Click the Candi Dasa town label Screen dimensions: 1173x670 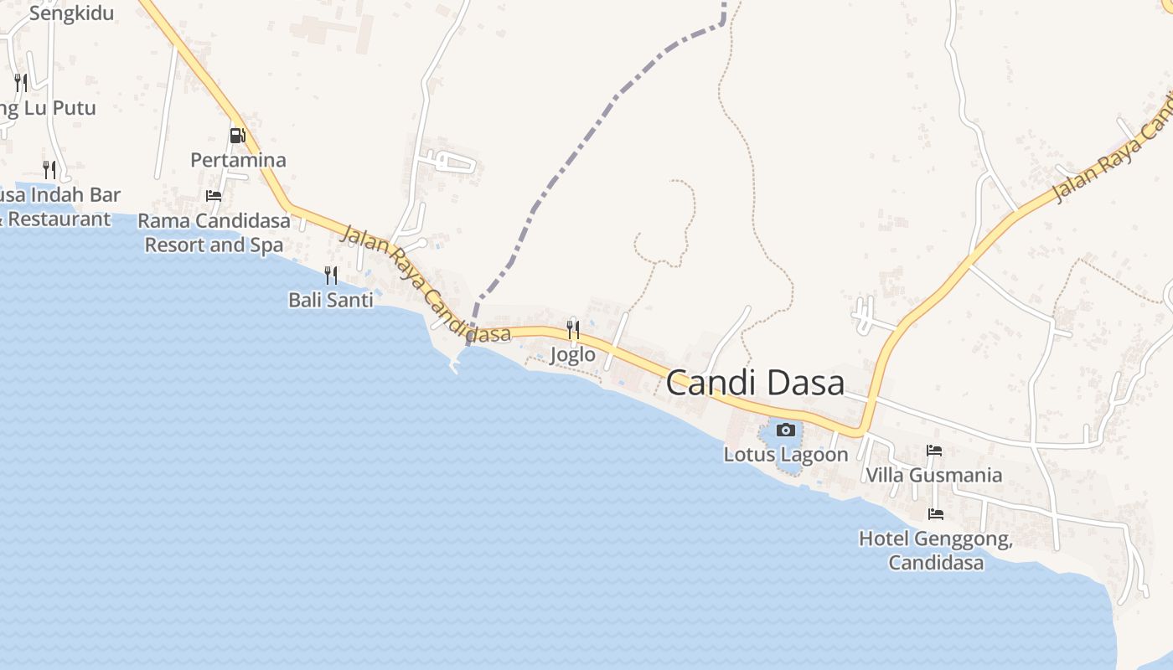point(755,384)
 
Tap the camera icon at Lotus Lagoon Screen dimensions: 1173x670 point(785,430)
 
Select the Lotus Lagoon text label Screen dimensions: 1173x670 point(786,455)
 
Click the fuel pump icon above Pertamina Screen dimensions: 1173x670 point(238,135)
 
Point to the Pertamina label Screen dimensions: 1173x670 point(238,160)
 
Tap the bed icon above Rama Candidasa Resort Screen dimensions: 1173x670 point(214,196)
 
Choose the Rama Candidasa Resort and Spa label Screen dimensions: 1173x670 point(214,233)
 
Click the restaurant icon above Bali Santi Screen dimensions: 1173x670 point(331,275)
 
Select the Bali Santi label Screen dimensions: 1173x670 point(331,300)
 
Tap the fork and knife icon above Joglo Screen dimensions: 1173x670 point(573,329)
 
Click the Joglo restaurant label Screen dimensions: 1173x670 point(573,355)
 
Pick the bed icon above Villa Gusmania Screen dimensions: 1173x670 point(934,451)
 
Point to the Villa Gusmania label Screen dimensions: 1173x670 point(933,476)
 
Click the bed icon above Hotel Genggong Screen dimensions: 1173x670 point(936,513)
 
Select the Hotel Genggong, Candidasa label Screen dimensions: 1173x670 point(936,550)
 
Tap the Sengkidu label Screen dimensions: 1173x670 point(71,13)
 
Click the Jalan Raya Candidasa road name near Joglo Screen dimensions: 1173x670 point(426,285)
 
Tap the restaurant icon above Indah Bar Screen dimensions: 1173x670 point(49,170)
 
